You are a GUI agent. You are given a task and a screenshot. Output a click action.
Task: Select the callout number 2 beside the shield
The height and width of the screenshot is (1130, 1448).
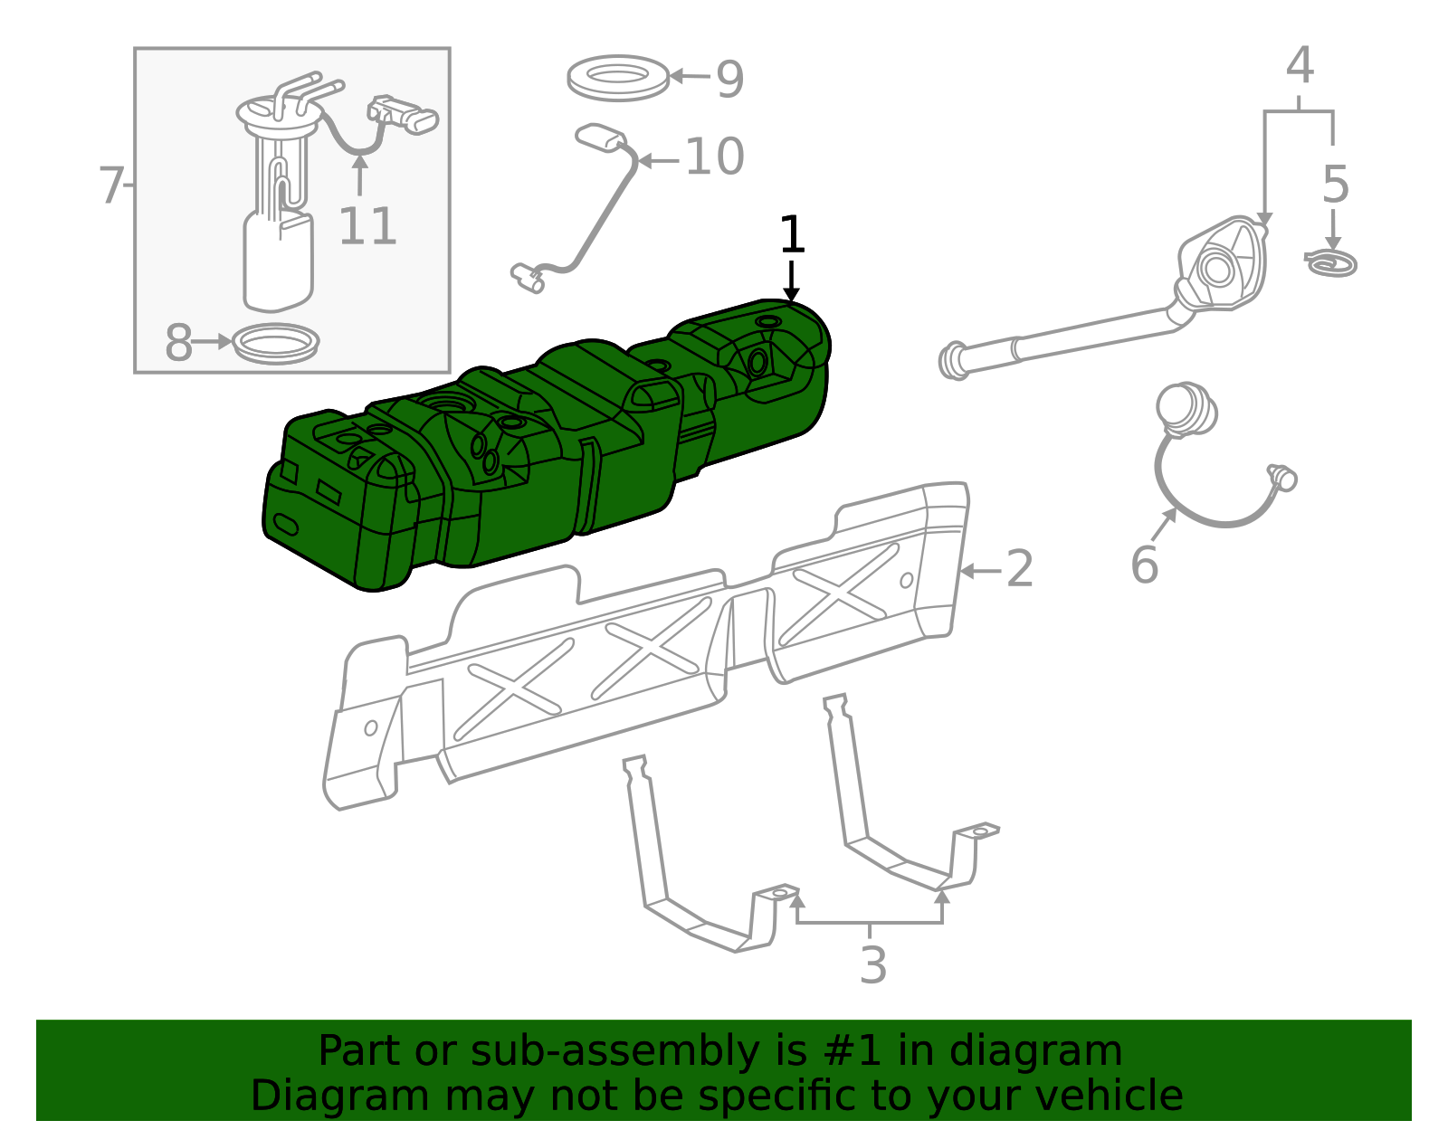pyautogui.click(x=1020, y=569)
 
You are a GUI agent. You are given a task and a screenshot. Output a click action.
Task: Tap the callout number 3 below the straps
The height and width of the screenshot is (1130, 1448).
pyautogui.click(x=873, y=964)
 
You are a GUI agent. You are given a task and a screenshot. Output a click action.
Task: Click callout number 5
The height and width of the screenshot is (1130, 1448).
pyautogui.click(x=1336, y=185)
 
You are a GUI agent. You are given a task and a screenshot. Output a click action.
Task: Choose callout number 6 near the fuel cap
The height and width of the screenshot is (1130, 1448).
pyautogui.click(x=1145, y=565)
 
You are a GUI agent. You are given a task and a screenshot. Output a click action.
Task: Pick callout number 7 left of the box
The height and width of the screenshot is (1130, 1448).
pyautogui.click(x=110, y=185)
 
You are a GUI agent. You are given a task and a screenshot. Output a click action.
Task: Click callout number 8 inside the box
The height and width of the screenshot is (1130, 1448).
pyautogui.click(x=178, y=343)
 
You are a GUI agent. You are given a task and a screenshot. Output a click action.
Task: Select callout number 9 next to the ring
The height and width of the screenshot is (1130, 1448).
pyautogui.click(x=729, y=80)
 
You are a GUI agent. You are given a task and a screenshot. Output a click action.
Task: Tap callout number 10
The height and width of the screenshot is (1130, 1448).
pyautogui.click(x=714, y=157)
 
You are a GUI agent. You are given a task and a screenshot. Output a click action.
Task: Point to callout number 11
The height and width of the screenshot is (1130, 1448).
pyautogui.click(x=367, y=226)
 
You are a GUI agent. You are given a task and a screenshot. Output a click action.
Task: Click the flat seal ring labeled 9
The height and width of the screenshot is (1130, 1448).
pyautogui.click(x=618, y=92)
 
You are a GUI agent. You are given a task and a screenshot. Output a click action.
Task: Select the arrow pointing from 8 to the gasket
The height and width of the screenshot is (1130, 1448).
pyautogui.click(x=212, y=342)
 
